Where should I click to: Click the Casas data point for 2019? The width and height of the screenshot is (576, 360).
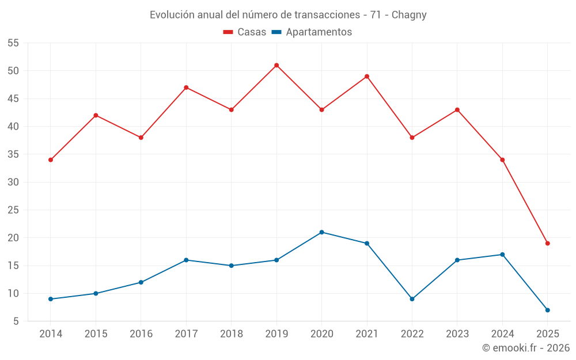pos(276,65)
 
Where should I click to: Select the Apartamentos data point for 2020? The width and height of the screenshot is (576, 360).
pos(321,232)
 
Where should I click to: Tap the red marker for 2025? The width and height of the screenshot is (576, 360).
pos(547,243)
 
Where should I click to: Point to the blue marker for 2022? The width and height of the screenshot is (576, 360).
pos(412,299)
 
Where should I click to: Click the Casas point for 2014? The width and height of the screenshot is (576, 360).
pos(51,160)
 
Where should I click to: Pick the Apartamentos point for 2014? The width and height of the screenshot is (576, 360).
pos(51,299)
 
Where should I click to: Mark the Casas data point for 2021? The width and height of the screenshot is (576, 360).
pos(367,76)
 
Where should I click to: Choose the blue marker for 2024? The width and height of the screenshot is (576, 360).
pos(502,255)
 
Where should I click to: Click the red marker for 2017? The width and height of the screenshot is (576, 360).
pos(186,88)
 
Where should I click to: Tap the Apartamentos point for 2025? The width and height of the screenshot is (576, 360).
pos(547,310)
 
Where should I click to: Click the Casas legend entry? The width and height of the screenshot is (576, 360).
pos(245,32)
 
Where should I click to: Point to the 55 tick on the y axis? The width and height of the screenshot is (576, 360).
pos(13,43)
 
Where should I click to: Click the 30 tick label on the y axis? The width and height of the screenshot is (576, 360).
pos(13,182)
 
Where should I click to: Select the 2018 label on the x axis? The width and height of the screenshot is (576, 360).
pos(231,334)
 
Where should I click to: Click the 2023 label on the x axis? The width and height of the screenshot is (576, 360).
pos(457,334)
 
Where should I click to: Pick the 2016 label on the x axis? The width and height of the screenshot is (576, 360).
pos(141,334)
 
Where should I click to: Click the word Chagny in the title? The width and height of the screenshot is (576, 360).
pos(409,15)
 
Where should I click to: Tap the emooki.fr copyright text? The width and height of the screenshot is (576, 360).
pos(525,348)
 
